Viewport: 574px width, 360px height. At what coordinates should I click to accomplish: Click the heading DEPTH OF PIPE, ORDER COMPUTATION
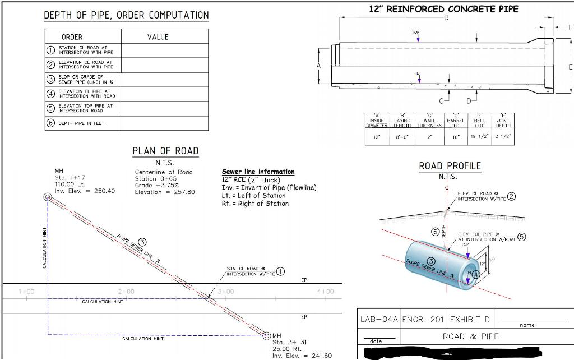coord(126,16)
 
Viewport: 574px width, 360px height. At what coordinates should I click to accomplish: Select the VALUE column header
coord(158,37)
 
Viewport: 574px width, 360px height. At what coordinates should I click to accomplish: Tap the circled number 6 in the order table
coord(50,123)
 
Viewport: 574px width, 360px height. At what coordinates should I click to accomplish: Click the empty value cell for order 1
coord(164,50)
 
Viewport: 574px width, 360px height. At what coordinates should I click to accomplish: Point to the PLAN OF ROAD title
coord(165,150)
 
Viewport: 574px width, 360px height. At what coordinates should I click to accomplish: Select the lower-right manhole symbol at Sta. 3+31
coord(267,335)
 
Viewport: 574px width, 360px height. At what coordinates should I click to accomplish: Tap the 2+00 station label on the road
coord(127,292)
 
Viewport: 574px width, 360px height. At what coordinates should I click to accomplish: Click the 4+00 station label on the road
coord(325,292)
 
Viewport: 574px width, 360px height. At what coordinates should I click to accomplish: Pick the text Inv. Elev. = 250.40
coord(85,191)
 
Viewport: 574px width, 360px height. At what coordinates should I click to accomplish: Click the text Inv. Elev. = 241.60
coord(302,356)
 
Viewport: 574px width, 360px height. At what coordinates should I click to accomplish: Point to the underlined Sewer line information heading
coord(258,172)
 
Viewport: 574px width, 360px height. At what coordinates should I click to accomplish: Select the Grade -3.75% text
coord(157,185)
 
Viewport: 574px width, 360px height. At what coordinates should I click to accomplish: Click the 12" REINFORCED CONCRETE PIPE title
coord(443,9)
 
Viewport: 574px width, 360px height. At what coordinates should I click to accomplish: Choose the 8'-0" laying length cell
coord(402,136)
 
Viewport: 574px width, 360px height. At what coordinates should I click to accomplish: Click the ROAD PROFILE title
coord(450,166)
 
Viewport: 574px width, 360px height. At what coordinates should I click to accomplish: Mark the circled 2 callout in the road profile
coord(511,196)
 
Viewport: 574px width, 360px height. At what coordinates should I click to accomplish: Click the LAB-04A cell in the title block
coord(378,320)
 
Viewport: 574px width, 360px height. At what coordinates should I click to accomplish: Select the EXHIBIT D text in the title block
coord(470,320)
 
